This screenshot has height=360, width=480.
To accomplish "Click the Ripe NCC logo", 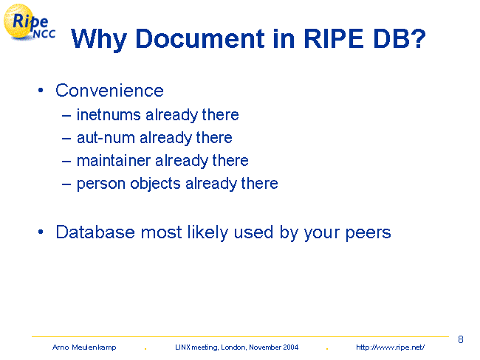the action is pyautogui.click(x=29, y=22).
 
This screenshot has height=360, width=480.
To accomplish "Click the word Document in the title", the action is pyautogui.click(x=200, y=39).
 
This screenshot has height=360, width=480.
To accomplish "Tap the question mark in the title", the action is pyautogui.click(x=417, y=38).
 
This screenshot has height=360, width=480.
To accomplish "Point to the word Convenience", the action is pyautogui.click(x=109, y=91).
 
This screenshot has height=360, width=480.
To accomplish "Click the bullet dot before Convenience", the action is pyautogui.click(x=41, y=90).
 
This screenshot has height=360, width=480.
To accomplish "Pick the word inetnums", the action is pyautogui.click(x=109, y=115).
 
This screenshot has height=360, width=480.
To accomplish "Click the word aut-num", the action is pyautogui.click(x=106, y=138).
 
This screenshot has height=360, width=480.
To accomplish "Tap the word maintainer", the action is pyautogui.click(x=114, y=161).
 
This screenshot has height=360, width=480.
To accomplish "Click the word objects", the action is pyautogui.click(x=155, y=184).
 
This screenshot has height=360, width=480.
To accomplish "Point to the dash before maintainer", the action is pyautogui.click(x=66, y=161).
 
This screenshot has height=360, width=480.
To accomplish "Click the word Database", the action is pyautogui.click(x=95, y=232).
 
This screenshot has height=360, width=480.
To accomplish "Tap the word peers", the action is pyautogui.click(x=368, y=233).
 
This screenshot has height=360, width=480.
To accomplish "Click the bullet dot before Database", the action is pyautogui.click(x=41, y=232).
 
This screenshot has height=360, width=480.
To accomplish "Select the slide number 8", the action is pyautogui.click(x=460, y=339).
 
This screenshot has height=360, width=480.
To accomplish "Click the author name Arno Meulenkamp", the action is pyautogui.click(x=84, y=347).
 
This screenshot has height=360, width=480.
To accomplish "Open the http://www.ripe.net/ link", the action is pyautogui.click(x=391, y=347).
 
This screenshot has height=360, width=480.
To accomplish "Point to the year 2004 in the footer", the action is pyautogui.click(x=290, y=347).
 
